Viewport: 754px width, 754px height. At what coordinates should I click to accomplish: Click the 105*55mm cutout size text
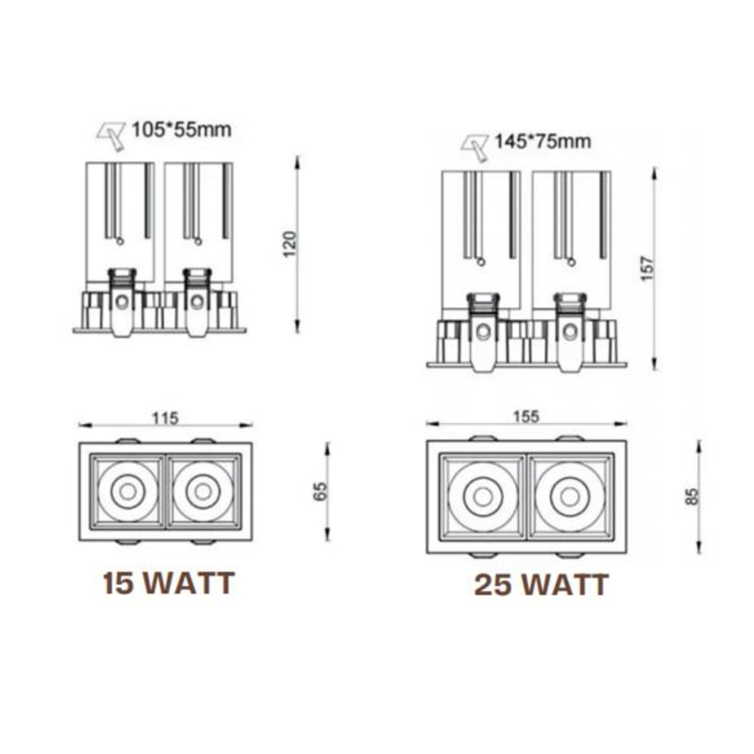coord(182,130)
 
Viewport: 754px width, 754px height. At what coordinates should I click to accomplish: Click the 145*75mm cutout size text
coord(543,142)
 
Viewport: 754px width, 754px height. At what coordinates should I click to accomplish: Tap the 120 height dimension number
coord(290,244)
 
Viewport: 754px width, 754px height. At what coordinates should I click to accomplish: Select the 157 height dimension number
coord(647,268)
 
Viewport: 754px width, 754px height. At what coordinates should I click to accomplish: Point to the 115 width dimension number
coord(165,418)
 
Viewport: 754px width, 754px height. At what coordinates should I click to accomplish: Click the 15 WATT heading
coord(169,584)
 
